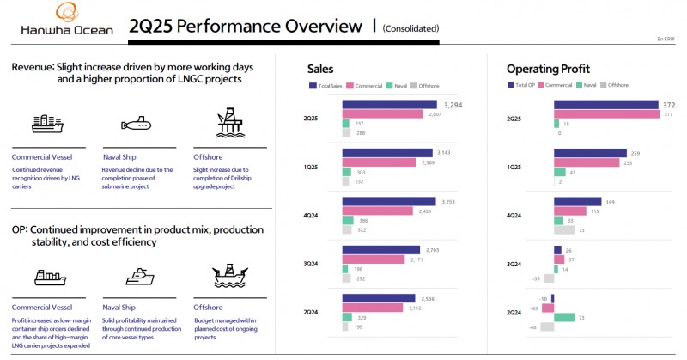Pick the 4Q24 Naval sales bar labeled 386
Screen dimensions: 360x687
point(348,220)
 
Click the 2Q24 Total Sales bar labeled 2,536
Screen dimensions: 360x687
point(379,299)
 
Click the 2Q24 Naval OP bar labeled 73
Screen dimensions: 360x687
point(563,317)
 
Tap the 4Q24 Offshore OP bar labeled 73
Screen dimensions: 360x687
point(563,229)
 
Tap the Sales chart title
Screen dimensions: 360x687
point(320,68)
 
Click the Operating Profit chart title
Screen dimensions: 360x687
point(548,68)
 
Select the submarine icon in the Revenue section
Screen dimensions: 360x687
point(137,125)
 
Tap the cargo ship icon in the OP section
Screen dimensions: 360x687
point(47,277)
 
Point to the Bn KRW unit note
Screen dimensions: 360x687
point(666,39)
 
